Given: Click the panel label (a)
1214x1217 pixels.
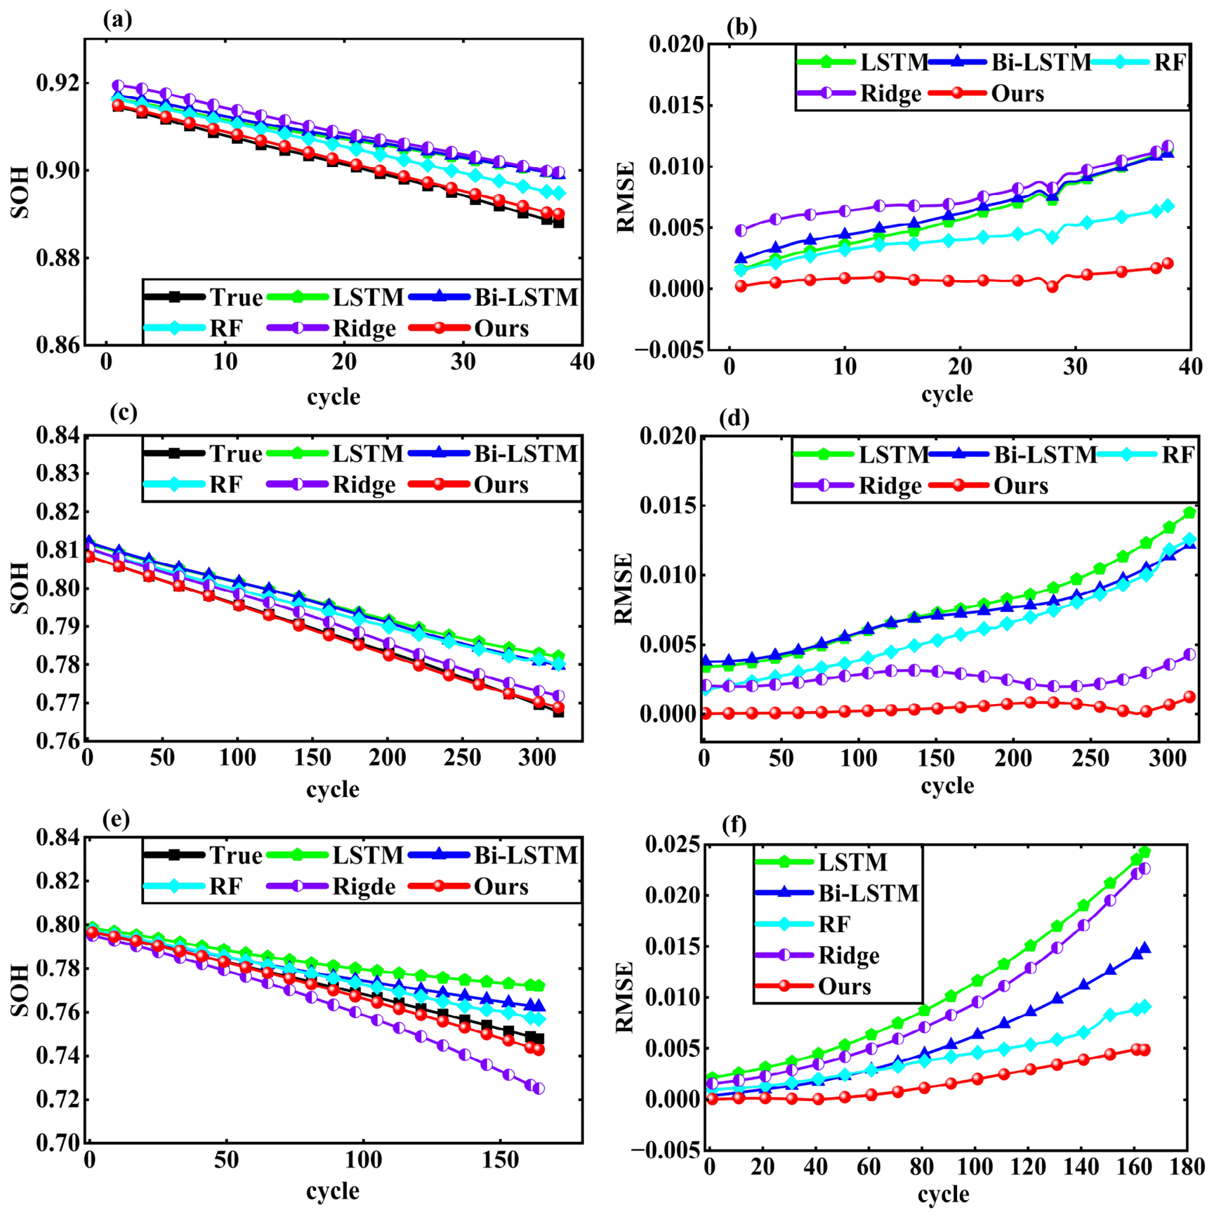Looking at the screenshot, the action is [x=117, y=20].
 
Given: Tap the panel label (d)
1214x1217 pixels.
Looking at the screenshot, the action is [x=734, y=418].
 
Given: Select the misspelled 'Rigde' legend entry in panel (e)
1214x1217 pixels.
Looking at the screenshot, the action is [x=364, y=886].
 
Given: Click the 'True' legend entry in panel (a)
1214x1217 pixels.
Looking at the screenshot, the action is [x=236, y=298].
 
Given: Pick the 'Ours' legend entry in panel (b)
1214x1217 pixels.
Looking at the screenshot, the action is [x=1017, y=93].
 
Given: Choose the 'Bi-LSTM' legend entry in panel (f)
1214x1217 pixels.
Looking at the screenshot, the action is [x=869, y=893].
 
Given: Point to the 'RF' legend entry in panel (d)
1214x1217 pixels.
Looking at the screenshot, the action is [x=1177, y=455].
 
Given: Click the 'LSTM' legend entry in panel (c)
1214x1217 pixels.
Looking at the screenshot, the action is [x=368, y=453].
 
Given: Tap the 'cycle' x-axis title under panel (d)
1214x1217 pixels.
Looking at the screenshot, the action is [x=947, y=785].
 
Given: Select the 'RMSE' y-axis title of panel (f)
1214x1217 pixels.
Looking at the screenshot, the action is [x=624, y=997].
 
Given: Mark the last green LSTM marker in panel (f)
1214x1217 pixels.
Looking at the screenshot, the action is [x=1144, y=852].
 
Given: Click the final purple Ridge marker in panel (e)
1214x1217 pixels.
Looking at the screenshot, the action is [x=539, y=1088].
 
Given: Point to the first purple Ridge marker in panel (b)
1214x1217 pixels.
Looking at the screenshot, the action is [x=741, y=230].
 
